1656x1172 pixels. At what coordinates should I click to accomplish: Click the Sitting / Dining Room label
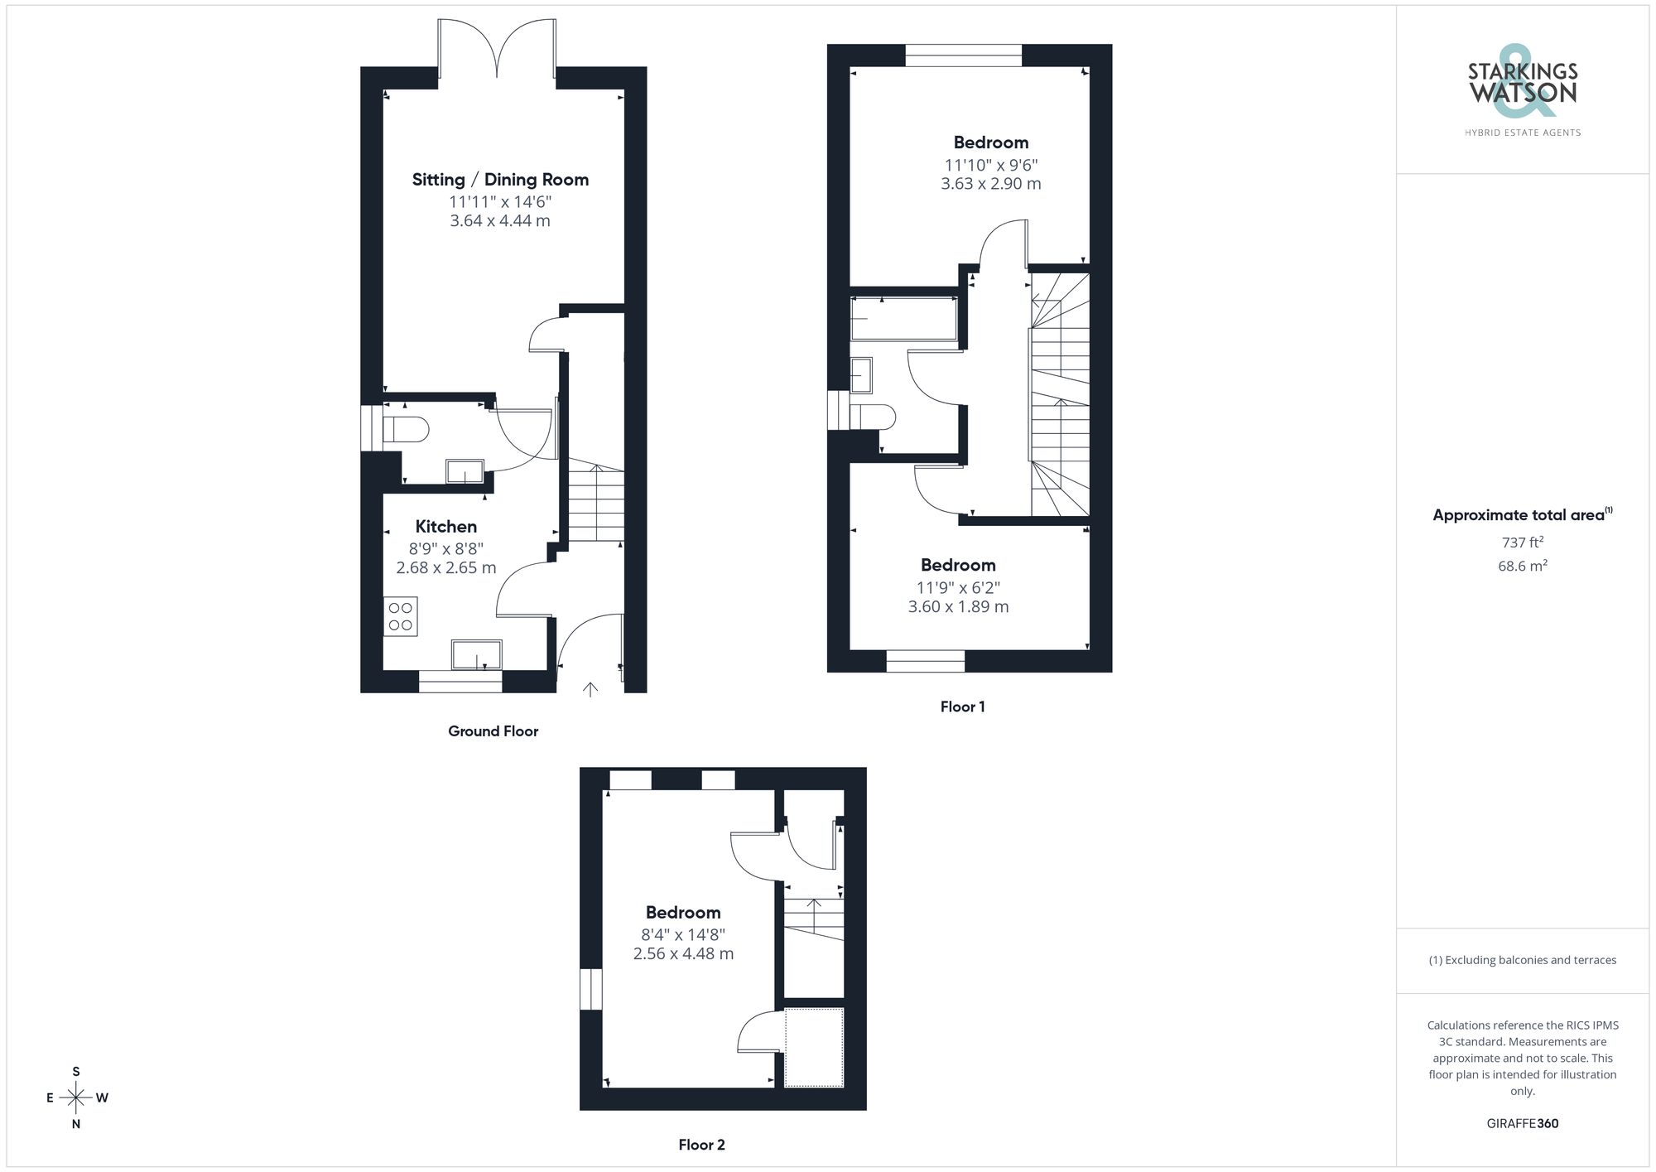point(500,180)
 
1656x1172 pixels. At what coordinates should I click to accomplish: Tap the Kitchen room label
point(445,527)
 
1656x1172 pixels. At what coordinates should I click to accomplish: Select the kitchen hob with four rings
point(401,616)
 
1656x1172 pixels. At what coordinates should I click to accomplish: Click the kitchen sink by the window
point(476,654)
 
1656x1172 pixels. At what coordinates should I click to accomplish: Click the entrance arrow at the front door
point(590,689)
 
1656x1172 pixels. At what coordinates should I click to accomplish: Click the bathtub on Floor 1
point(903,318)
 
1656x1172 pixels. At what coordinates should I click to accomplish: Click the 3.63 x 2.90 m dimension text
point(990,184)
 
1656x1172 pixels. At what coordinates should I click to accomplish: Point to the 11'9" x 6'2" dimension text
point(958,587)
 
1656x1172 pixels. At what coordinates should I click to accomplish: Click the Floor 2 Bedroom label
point(683,913)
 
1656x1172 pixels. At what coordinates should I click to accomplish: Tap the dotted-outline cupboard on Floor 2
point(814,1047)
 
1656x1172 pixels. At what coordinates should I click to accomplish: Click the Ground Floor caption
point(493,731)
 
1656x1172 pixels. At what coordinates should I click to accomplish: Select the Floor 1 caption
point(962,707)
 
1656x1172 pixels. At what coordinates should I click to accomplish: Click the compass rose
point(76,1098)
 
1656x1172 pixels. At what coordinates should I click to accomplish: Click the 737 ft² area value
point(1522,543)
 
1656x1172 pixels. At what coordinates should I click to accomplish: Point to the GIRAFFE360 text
point(1522,1123)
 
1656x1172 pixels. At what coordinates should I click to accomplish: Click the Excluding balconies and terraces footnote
point(1522,960)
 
